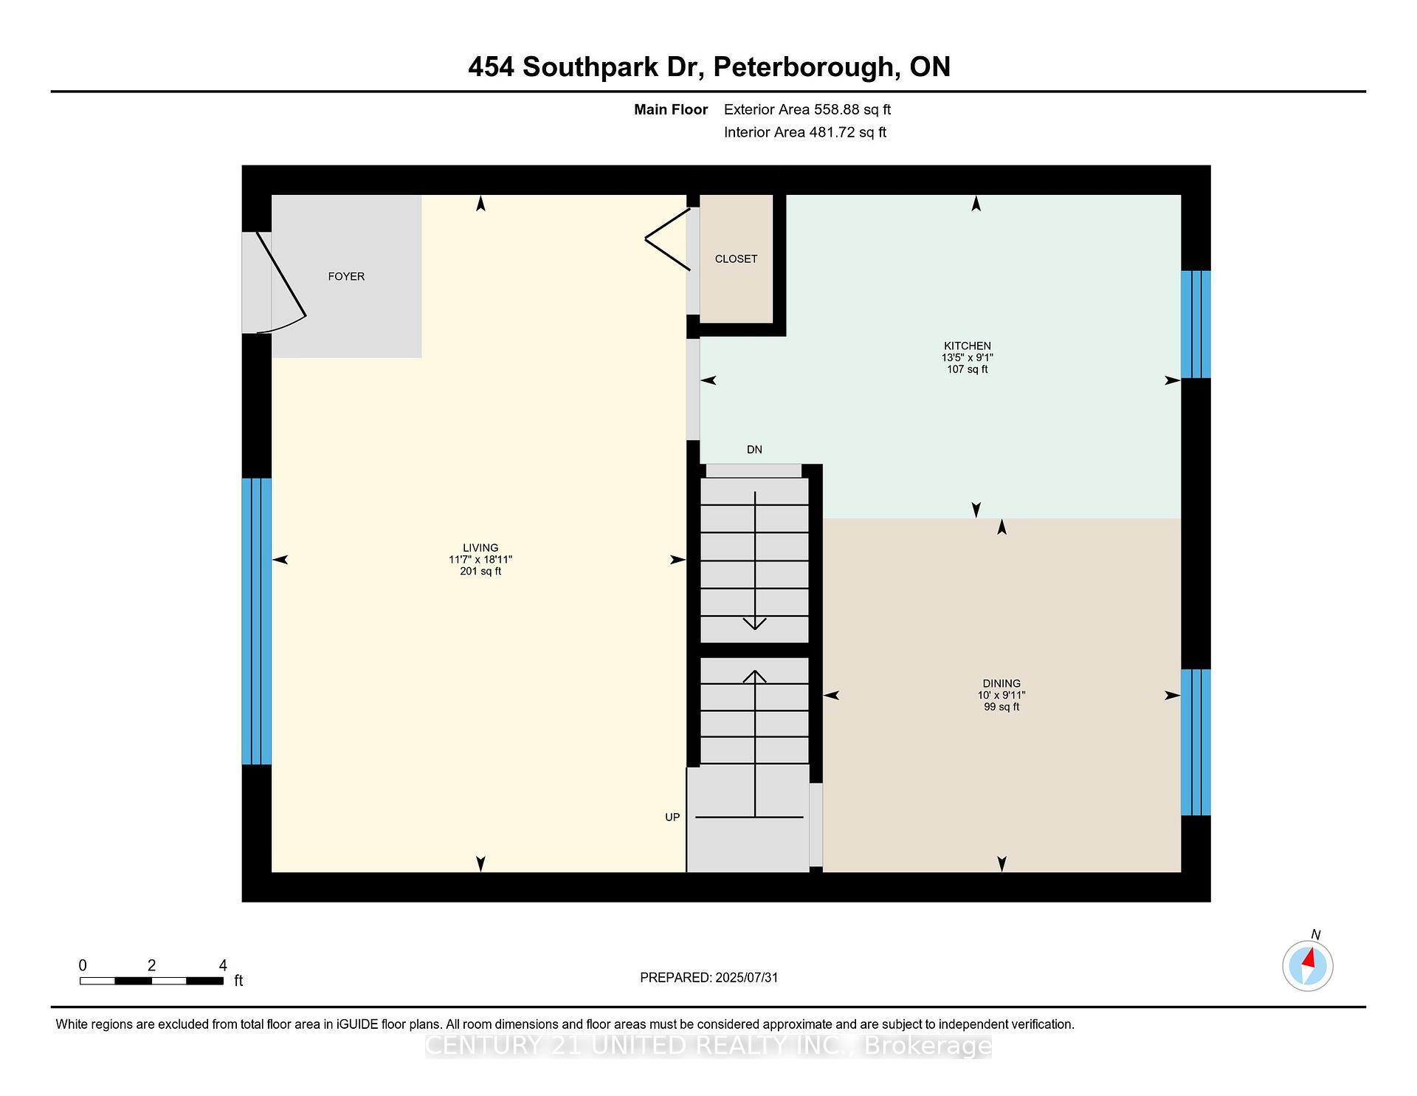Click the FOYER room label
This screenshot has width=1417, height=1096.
[x=346, y=276]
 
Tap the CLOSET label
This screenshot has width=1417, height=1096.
[x=736, y=258]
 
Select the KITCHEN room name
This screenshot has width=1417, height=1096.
[x=967, y=346]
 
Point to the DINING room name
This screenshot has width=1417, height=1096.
[x=1001, y=683]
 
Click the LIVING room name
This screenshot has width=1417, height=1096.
[x=480, y=547]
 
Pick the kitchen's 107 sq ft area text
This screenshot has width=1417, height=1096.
[x=967, y=369]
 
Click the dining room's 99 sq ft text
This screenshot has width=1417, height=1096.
[x=1001, y=707]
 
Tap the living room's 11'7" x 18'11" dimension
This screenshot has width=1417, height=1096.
[x=480, y=559]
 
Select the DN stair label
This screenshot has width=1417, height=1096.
[x=754, y=449]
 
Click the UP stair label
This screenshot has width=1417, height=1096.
[x=672, y=817]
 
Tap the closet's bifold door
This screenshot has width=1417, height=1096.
[x=667, y=239]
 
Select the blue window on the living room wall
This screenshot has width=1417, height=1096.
[x=257, y=621]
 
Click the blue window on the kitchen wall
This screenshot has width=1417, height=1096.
[x=1196, y=324]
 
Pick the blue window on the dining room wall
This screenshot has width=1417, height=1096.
[x=1196, y=742]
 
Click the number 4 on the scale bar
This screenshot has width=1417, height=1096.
[x=223, y=965]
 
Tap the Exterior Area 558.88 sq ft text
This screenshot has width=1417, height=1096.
[x=807, y=109]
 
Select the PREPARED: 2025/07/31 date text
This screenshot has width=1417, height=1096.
[x=708, y=977]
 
